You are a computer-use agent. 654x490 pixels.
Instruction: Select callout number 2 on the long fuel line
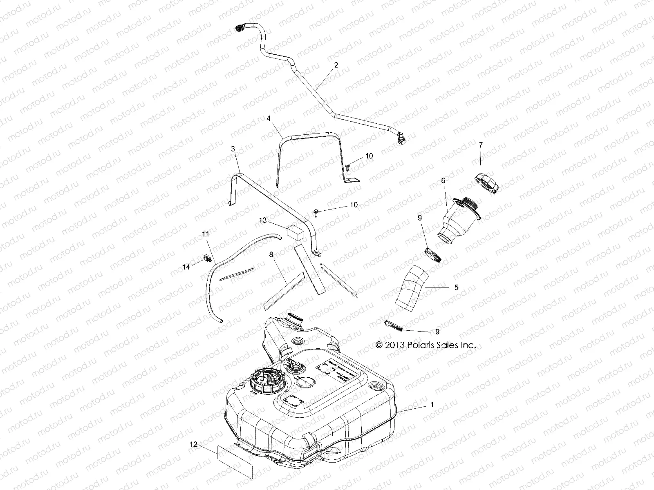point(336,65)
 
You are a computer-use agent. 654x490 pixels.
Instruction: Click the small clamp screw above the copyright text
point(395,326)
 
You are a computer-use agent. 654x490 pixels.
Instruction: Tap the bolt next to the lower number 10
point(317,211)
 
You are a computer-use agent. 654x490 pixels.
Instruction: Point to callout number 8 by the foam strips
point(271,254)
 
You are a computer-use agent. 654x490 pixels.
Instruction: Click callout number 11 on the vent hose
point(205,234)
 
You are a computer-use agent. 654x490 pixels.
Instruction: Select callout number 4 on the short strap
point(269,118)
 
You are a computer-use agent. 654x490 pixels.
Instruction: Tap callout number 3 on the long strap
point(233,149)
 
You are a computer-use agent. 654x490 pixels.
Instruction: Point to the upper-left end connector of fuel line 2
point(240,28)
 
